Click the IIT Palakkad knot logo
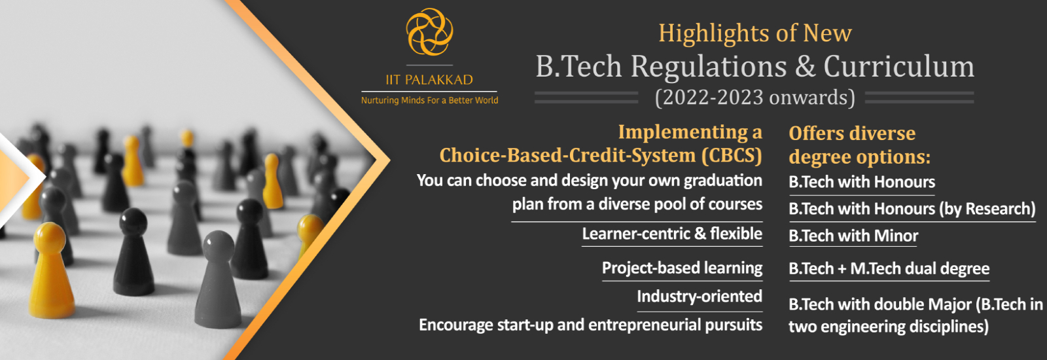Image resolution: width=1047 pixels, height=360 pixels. point(429,32)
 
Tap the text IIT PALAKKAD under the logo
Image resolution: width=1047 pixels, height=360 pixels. point(429,80)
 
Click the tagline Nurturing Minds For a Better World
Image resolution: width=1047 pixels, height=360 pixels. point(429,100)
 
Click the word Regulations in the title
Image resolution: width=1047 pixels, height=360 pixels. point(709,66)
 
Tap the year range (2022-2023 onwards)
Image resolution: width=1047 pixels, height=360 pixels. point(755,98)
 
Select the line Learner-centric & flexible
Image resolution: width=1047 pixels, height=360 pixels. point(672,233)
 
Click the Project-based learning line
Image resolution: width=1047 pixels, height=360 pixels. point(683,268)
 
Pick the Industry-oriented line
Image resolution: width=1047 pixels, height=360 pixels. point(700,297)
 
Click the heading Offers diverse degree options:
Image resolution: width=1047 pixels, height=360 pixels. point(860,145)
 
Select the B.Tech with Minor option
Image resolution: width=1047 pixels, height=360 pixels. point(853,236)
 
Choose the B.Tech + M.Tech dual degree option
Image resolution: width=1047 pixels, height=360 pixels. point(889,269)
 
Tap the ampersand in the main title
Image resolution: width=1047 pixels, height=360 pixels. point(805,66)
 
